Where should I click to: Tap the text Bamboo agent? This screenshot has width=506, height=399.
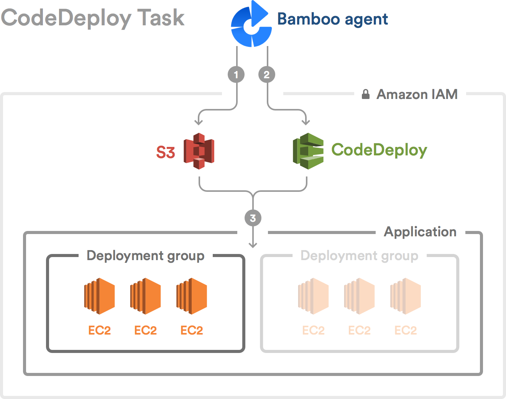[332, 19]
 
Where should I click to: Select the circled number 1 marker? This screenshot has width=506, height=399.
[236, 75]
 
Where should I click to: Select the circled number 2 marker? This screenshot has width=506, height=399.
[267, 75]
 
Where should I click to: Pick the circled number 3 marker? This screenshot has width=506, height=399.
[253, 218]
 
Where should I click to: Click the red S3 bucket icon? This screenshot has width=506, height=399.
[199, 151]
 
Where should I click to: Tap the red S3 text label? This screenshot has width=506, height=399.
[166, 152]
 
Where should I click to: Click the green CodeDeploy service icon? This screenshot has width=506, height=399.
[308, 151]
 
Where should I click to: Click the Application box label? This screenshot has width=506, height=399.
[420, 232]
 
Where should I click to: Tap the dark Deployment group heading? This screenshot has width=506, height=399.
[146, 256]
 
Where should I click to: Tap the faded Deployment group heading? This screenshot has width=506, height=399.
[360, 256]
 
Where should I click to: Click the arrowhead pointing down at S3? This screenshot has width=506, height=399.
[199, 122]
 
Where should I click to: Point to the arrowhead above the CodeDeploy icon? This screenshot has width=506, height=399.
[306, 122]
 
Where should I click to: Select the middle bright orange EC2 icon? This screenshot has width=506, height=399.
[145, 296]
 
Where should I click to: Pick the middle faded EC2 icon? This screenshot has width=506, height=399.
[359, 296]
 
